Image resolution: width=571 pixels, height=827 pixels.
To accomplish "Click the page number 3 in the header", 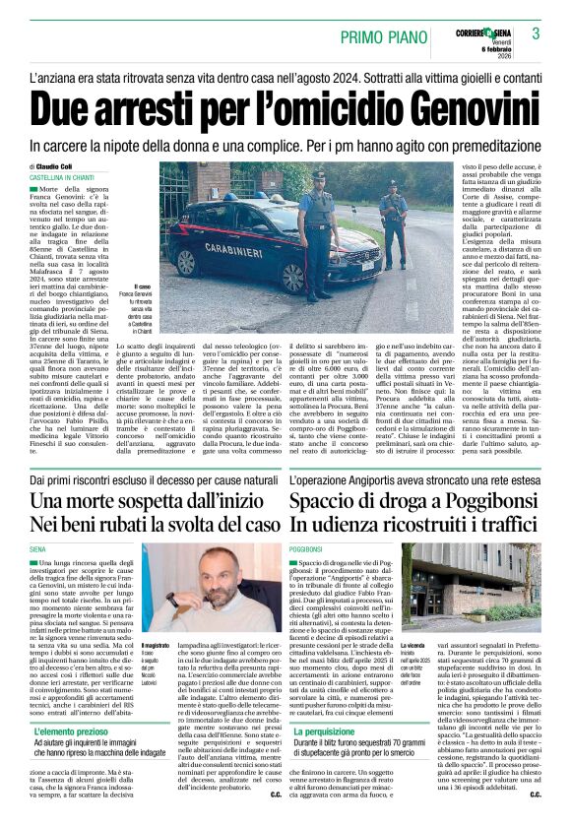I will tap(537, 33).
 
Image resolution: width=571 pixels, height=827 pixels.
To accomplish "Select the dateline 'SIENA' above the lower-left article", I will tap(39, 548).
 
